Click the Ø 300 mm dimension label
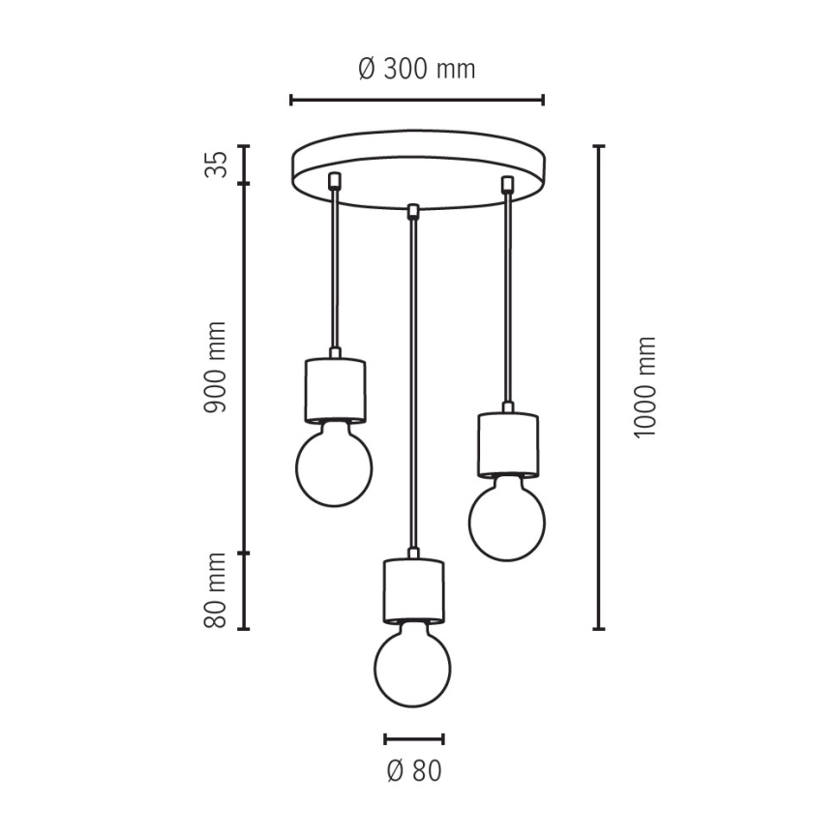417,69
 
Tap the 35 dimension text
216,164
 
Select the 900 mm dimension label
216,368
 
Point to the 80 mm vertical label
216,590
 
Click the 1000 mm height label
645,387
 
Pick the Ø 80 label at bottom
414,771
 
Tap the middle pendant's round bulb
412,666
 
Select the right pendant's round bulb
507,520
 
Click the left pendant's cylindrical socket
336,391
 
